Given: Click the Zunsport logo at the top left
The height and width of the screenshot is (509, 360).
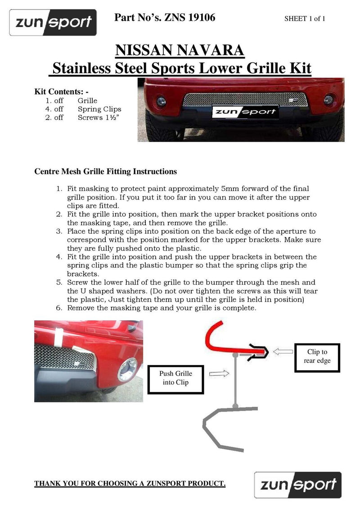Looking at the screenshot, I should click(x=53, y=22).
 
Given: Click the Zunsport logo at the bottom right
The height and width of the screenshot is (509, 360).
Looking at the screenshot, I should click(x=297, y=485).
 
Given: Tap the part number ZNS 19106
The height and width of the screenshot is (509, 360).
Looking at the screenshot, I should click(x=165, y=18).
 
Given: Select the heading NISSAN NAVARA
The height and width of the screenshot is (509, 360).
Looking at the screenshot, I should click(x=180, y=50).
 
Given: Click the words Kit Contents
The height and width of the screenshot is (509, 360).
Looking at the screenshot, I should click(x=61, y=91).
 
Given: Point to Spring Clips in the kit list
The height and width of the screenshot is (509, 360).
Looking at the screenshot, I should click(x=99, y=109).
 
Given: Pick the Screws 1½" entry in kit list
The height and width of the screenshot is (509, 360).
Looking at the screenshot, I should click(x=100, y=117).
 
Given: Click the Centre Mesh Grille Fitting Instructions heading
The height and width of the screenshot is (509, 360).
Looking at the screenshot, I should click(x=106, y=171).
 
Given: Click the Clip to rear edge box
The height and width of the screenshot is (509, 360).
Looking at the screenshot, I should click(x=317, y=357).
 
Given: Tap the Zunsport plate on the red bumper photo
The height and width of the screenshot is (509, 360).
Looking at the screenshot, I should click(x=245, y=111).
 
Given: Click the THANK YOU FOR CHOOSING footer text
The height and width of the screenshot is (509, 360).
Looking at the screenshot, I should click(x=130, y=483).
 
